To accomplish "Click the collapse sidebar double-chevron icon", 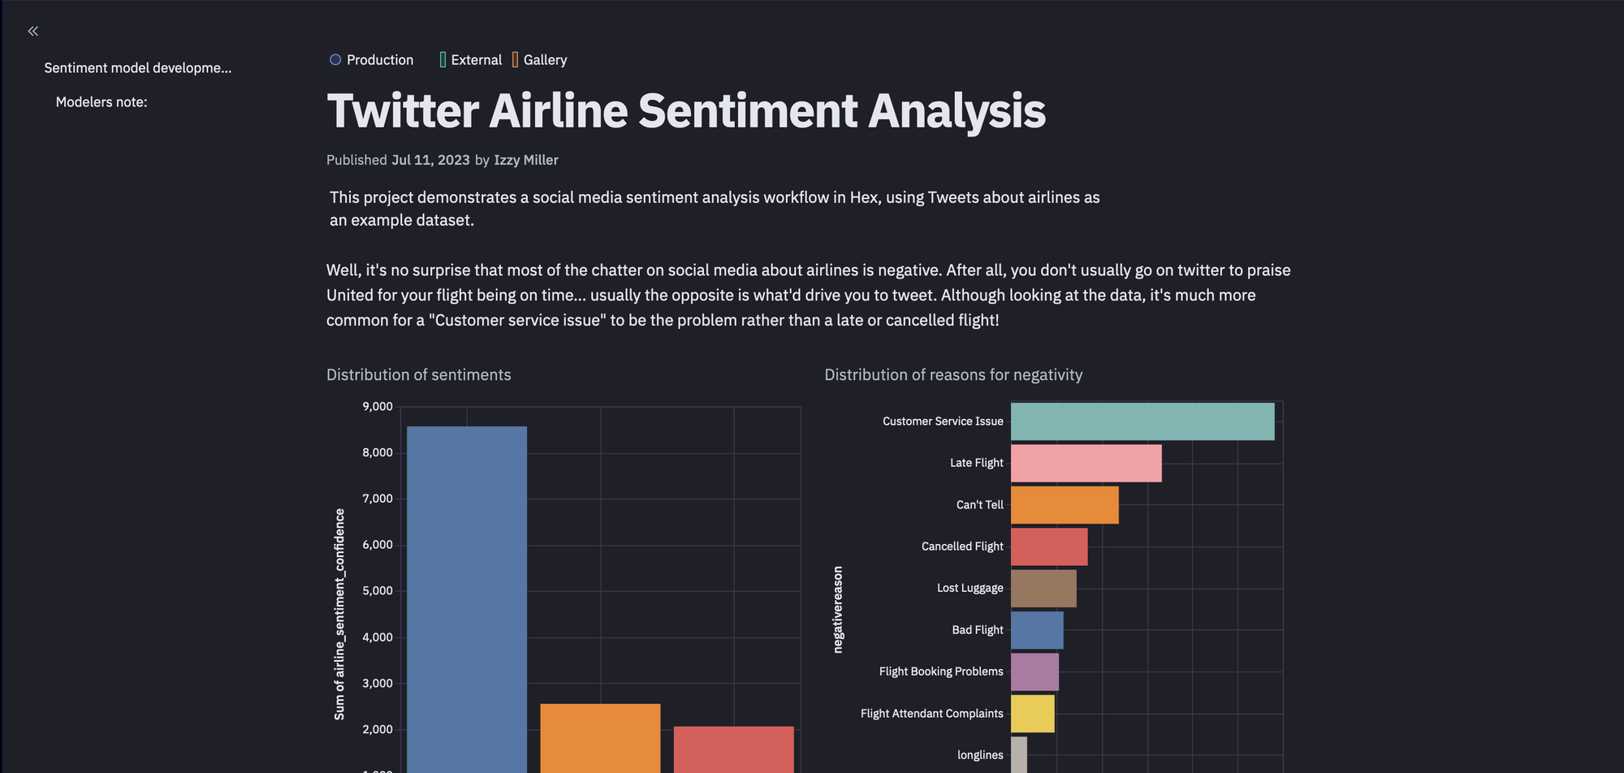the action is pos(32,31).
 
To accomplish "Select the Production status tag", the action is pos(371,60).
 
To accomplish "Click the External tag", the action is pos(471,60).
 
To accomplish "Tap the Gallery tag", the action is pos(539,60).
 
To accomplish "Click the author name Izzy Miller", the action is pos(526,160).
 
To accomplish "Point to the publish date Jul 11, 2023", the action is pos(430,160).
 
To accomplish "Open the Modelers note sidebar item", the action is pos(101,102).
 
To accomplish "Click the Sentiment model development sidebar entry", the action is pos(138,68).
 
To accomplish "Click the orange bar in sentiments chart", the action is pos(600,738).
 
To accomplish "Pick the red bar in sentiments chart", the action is pos(734,749).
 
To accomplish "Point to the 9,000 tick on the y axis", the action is pos(378,407).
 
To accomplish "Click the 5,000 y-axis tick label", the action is pos(378,591).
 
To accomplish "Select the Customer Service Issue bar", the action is pos(1142,421).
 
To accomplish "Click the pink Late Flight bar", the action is pos(1086,463).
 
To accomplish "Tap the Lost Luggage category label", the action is pos(970,588).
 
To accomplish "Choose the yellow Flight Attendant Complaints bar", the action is pos(1033,714).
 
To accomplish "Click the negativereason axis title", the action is pos(838,610).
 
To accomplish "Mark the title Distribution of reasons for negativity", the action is pos(953,375).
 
